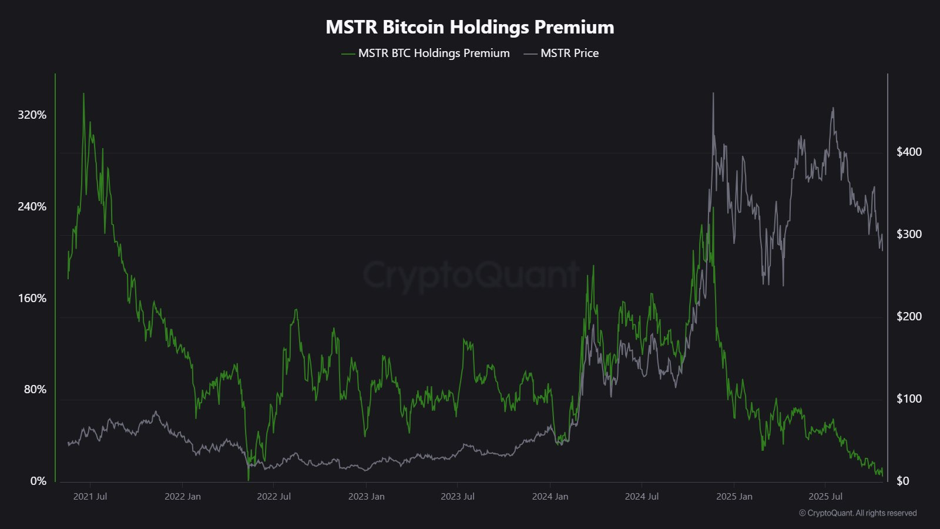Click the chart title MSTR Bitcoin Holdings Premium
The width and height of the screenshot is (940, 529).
(x=470, y=27)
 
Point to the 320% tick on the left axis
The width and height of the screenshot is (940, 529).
(x=32, y=115)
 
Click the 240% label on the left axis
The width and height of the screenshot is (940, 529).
(x=32, y=206)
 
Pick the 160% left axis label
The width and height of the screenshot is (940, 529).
(x=32, y=298)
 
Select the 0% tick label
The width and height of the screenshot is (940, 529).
(x=38, y=481)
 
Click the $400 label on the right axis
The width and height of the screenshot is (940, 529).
(x=909, y=152)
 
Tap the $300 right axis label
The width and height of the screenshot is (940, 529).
(x=909, y=234)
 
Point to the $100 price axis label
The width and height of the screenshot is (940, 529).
(x=909, y=399)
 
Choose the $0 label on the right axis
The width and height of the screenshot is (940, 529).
(x=902, y=481)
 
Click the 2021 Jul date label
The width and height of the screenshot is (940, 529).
(x=90, y=496)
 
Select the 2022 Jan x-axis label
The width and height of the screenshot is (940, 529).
(x=182, y=496)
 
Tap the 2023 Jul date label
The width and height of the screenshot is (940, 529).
(x=457, y=496)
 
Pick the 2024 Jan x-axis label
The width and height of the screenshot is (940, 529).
(x=550, y=496)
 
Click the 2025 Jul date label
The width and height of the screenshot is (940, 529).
(x=825, y=496)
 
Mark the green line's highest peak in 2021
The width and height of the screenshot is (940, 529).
(x=83, y=93)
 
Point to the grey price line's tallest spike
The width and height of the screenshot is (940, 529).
(x=713, y=93)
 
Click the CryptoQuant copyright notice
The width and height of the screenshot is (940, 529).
(x=858, y=513)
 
